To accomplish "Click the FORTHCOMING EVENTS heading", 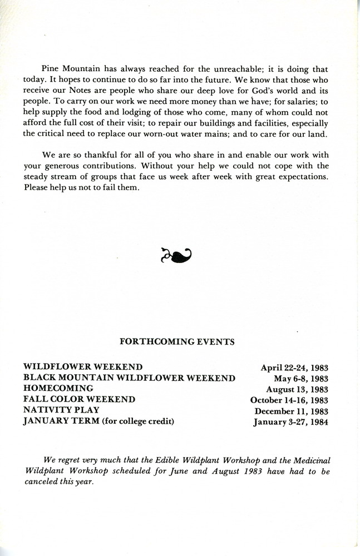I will pos(177,342).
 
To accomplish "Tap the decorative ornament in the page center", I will pos(176,256).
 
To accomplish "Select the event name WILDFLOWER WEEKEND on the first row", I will pos(83,367).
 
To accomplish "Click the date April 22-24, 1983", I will pos(294,368).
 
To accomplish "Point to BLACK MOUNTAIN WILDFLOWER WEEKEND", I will pos(129,378).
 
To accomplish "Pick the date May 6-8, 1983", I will pos(301,379).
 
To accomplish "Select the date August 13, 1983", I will pos(297,389).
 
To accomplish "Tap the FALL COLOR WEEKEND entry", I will pos(79,399).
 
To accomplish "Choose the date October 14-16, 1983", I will pos(289,400).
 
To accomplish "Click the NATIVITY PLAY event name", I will pos(61,410).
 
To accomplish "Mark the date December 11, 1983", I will pos(291,411).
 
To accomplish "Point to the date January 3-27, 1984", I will pos(290,422).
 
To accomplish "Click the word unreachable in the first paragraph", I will pos(242,69).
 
